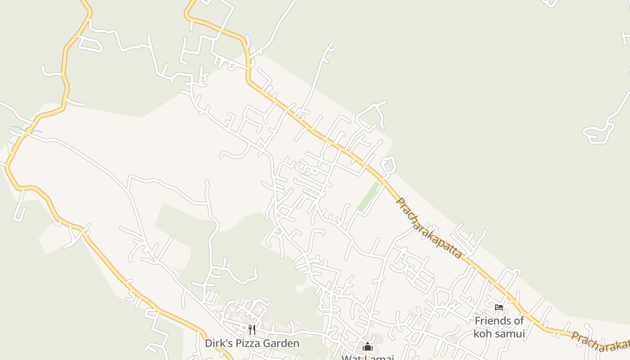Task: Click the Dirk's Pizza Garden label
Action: (x=252, y=343)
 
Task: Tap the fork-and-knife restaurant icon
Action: (x=252, y=330)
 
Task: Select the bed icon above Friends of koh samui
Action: (x=499, y=308)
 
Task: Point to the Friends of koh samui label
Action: (x=499, y=327)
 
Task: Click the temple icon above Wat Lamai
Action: (x=368, y=347)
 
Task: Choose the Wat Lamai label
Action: (x=368, y=358)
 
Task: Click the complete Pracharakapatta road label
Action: (x=428, y=228)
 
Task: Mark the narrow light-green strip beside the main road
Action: (x=369, y=197)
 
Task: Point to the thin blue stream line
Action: (x=27, y=130)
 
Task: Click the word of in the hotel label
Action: (x=519, y=321)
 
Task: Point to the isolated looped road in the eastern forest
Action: (x=599, y=133)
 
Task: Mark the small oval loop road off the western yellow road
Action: (x=90, y=44)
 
